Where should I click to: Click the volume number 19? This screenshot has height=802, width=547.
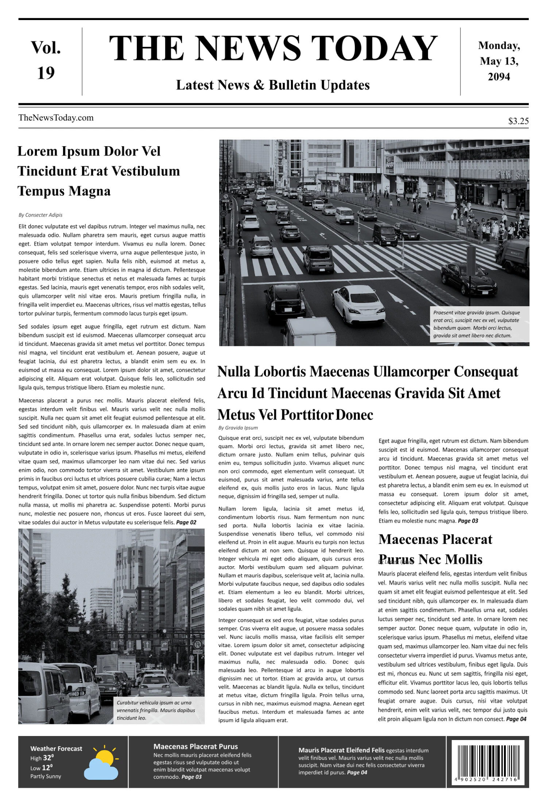click(46, 73)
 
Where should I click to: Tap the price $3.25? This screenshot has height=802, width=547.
click(518, 121)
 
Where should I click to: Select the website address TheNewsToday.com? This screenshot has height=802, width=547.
click(56, 118)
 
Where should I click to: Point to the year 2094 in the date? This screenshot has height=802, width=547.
click(499, 77)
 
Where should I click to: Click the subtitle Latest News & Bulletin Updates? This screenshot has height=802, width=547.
click(273, 85)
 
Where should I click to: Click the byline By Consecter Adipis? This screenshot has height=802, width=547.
click(40, 215)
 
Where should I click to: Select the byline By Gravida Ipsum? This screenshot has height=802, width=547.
click(238, 428)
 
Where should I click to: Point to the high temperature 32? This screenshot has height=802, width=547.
click(48, 758)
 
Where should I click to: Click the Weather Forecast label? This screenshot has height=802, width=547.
click(56, 748)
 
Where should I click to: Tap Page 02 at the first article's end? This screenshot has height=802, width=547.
click(186, 522)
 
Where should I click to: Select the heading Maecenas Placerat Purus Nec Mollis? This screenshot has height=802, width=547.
click(435, 549)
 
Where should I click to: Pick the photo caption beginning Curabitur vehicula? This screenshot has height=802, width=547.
click(154, 710)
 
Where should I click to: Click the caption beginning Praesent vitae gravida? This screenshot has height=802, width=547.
click(476, 324)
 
